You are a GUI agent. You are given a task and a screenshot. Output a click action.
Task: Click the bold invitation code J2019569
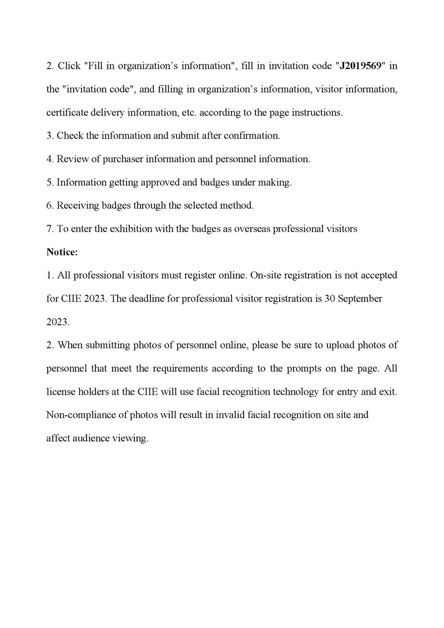click(360, 66)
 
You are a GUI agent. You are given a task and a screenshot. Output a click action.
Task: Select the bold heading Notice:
click(62, 252)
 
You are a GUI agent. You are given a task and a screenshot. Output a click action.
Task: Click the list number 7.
click(49, 229)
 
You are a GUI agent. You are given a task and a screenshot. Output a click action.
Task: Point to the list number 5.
click(49, 182)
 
